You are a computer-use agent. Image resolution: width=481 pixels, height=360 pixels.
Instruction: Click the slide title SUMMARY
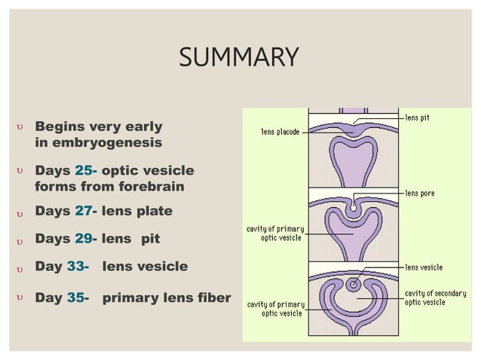[x=239, y=57]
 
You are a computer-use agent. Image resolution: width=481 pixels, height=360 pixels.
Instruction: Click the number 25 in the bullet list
[x=83, y=171]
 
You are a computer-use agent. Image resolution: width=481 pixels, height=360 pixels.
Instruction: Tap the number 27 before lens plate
[x=83, y=212]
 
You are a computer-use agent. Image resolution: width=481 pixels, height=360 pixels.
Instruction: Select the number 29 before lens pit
[x=83, y=239]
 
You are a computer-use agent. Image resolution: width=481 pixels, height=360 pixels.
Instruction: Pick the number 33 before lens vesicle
[x=75, y=267]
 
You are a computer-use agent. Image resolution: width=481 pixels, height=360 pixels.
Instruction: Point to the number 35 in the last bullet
[x=75, y=297]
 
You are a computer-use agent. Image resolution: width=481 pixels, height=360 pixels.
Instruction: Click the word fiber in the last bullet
[x=213, y=297]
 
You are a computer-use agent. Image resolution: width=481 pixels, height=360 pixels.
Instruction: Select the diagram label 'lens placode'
[x=280, y=133]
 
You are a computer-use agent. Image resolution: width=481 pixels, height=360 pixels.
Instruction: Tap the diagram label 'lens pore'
[x=419, y=194]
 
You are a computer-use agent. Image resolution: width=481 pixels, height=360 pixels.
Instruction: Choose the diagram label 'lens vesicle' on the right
[x=424, y=267]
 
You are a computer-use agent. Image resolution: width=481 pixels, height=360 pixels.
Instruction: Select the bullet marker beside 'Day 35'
[x=20, y=298]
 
